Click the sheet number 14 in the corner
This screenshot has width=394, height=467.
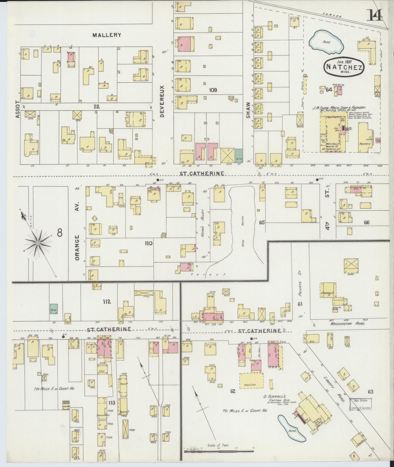click(375, 15)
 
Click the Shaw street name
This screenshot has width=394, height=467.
click(248, 110)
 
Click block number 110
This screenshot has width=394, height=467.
click(149, 243)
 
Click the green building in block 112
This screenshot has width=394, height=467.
click(54, 308)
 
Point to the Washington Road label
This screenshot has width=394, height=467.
click(348, 324)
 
